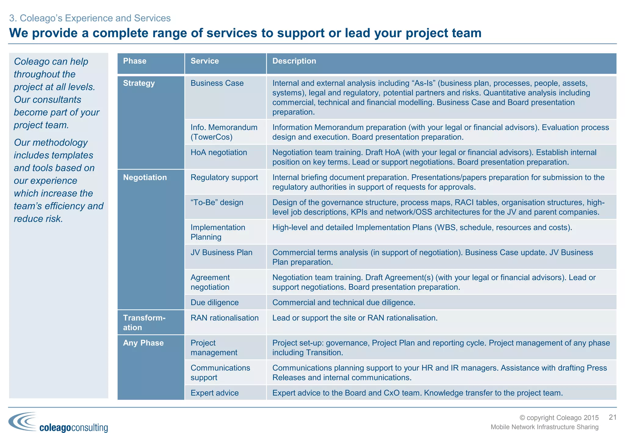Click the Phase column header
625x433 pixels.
tap(135, 61)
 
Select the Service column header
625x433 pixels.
tap(204, 61)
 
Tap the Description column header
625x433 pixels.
tap(294, 61)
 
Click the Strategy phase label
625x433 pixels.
tap(139, 83)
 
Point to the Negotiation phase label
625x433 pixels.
tap(145, 177)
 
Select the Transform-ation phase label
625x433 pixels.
tap(144, 322)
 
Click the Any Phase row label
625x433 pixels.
tap(143, 343)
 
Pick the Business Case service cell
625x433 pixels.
tap(217, 83)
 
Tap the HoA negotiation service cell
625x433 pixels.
tap(219, 152)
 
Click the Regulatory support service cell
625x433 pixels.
tap(224, 177)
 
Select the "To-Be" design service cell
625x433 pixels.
tap(217, 202)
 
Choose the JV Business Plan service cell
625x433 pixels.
tap(221, 253)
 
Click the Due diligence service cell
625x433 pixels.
tap(215, 303)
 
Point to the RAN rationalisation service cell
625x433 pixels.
tap(224, 318)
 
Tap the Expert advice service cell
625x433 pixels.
tap(215, 393)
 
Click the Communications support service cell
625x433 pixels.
tap(220, 373)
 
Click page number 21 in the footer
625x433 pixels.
tap(612, 417)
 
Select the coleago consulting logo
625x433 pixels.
tap(58, 423)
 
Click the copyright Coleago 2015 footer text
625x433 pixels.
tap(559, 418)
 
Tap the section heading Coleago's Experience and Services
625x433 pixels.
tap(90, 18)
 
